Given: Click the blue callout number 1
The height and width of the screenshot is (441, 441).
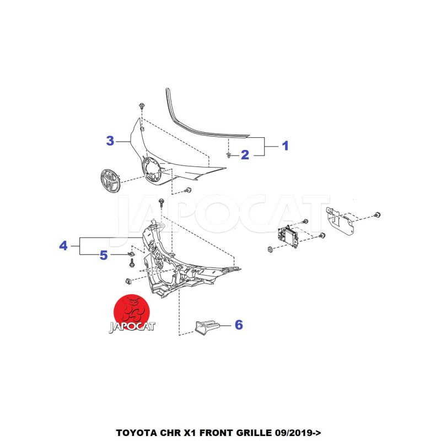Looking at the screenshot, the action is [285, 146].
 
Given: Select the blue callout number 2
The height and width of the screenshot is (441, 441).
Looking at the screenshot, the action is [245, 155].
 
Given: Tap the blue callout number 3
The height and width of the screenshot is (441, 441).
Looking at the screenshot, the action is [110, 141].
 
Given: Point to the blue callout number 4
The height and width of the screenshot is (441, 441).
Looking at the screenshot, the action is [63, 246].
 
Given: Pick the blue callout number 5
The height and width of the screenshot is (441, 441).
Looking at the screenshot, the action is [104, 255].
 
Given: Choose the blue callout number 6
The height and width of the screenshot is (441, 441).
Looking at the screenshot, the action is [239, 325].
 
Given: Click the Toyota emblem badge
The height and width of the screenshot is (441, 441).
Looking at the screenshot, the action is [110, 181].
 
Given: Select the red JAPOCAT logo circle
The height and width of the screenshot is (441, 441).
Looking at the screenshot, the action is [131, 313].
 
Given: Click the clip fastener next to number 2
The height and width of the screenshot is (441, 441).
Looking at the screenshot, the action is [229, 155].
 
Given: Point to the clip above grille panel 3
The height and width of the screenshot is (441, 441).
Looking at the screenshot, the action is [142, 106].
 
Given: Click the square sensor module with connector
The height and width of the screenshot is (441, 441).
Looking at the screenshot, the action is [288, 236].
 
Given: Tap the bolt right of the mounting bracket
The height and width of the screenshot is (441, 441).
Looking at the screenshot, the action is [377, 215].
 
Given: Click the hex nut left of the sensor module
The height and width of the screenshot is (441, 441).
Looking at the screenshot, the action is [270, 249].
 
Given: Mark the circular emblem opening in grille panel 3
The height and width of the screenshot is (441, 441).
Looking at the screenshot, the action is [151, 170].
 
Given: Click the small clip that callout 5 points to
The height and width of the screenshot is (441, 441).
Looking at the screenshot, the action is [131, 254].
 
